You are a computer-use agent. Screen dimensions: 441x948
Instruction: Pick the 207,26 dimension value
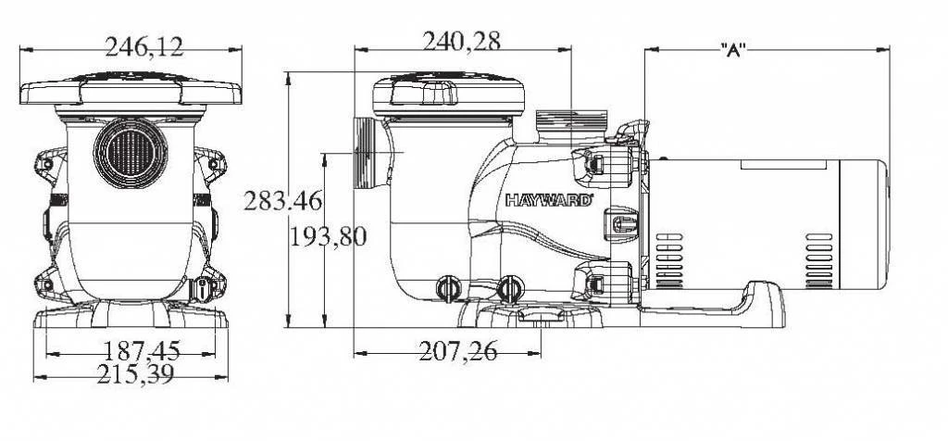(x=457, y=351)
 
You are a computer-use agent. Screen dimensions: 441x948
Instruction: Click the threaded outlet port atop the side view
(x=568, y=122)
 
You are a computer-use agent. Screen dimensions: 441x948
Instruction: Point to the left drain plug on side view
(x=449, y=288)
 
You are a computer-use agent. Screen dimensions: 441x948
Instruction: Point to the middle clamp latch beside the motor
(x=618, y=223)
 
